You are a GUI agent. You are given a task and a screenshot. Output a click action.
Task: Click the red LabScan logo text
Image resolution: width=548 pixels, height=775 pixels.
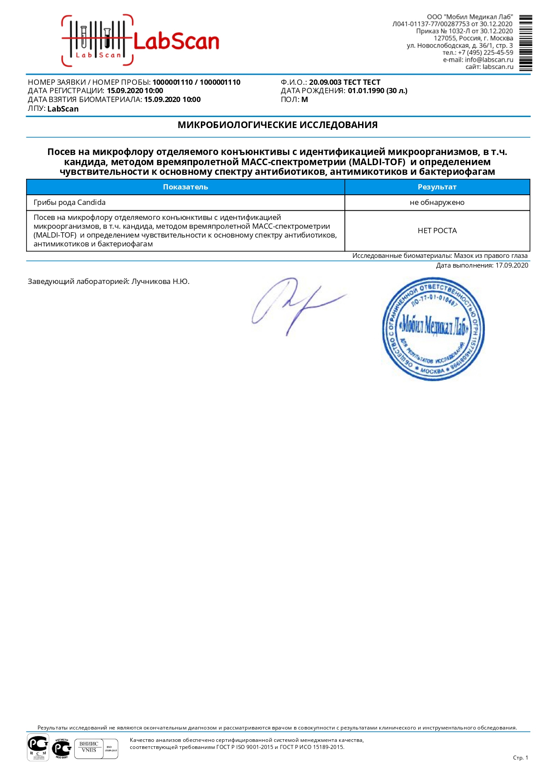pyautogui.click(x=176, y=42)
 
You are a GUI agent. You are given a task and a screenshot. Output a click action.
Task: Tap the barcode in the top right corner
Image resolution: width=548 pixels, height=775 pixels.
pyautogui.click(x=525, y=43)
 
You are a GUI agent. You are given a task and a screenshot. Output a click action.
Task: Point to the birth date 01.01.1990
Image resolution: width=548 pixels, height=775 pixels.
pyautogui.click(x=366, y=91)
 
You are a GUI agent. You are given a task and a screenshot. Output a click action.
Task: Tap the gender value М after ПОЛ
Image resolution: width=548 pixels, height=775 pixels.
pyautogui.click(x=305, y=100)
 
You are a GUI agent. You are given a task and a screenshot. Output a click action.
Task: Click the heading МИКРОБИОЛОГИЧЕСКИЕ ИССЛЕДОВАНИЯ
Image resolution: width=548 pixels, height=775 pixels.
pyautogui.click(x=277, y=125)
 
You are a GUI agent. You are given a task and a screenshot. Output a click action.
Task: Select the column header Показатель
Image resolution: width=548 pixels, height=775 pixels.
pyautogui.click(x=185, y=187)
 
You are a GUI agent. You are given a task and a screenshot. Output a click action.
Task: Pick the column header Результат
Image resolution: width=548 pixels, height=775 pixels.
pyautogui.click(x=437, y=187)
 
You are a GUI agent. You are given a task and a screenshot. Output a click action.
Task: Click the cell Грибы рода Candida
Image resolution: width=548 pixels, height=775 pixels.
pyautogui.click(x=70, y=203)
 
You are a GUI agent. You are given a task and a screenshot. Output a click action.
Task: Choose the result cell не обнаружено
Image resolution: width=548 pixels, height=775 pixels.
pyautogui.click(x=437, y=203)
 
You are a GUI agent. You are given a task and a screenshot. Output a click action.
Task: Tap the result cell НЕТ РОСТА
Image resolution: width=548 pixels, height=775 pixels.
pyautogui.click(x=437, y=231)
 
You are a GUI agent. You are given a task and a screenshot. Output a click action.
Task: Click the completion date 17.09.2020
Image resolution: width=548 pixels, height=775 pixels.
pyautogui.click(x=511, y=265)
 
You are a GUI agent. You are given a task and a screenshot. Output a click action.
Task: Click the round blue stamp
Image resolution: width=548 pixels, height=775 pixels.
pyautogui.click(x=433, y=329)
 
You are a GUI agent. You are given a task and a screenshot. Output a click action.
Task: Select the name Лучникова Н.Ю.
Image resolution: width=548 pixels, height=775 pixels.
pyautogui.click(x=160, y=281)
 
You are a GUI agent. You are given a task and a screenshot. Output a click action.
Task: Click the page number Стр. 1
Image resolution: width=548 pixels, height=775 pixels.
pyautogui.click(x=520, y=758)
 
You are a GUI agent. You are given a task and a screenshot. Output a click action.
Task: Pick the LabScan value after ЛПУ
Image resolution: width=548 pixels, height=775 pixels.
pyautogui.click(x=63, y=109)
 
